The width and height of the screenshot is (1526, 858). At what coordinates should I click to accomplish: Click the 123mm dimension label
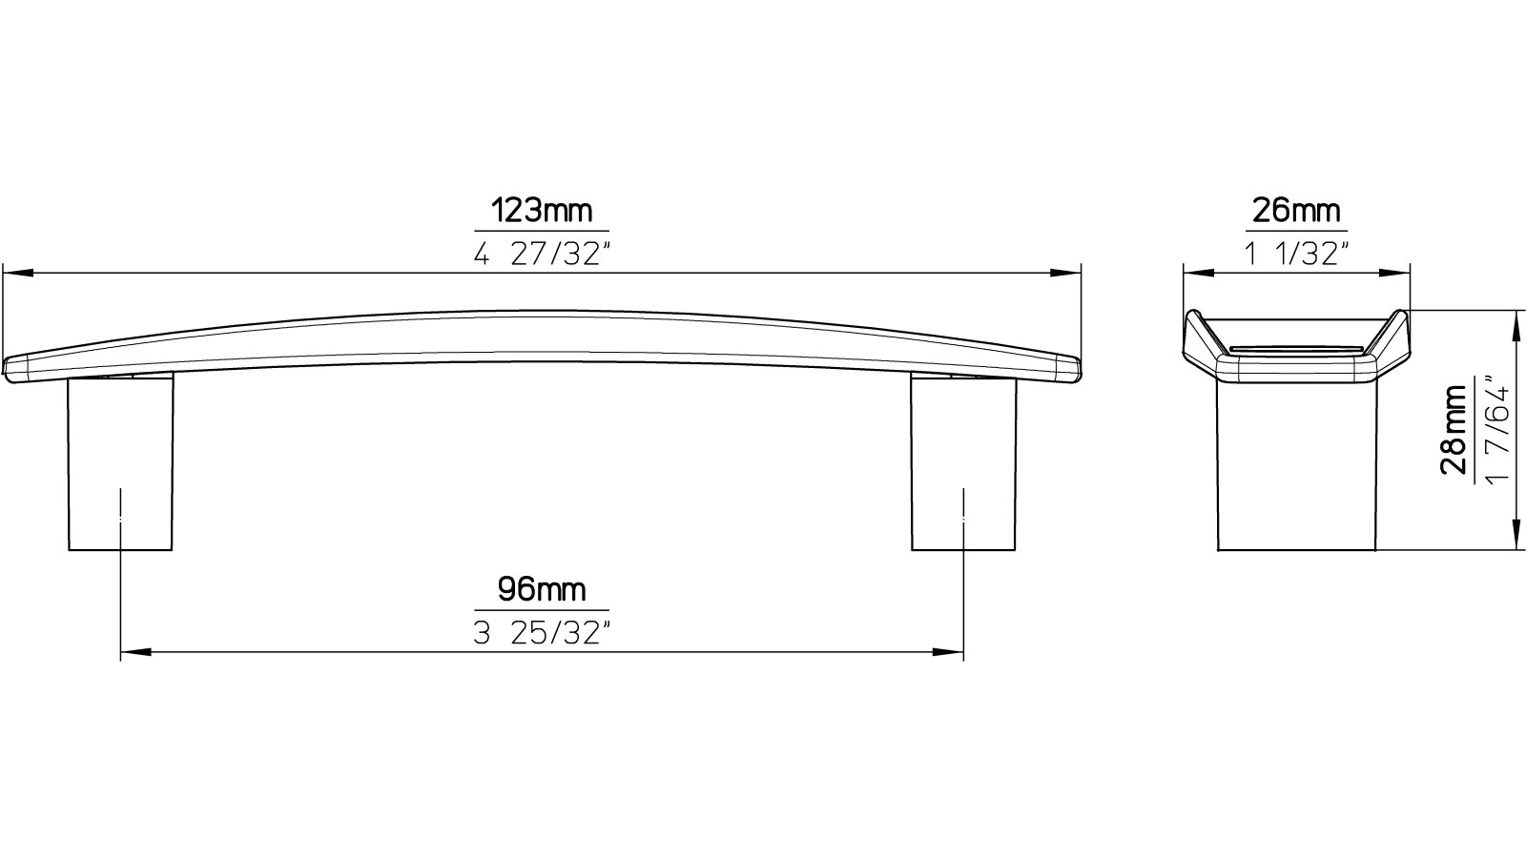pos(541,210)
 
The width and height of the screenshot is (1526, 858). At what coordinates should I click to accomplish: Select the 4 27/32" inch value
pos(541,255)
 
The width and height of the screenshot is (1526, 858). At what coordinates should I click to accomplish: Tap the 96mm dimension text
pos(541,589)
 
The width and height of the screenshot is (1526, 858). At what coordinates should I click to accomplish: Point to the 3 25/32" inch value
pos(541,634)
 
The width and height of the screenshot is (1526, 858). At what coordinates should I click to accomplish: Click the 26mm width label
pos(1296,210)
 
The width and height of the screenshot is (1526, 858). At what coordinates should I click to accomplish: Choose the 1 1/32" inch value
pos(1296,255)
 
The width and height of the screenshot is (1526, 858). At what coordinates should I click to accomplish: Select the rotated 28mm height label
pos(1454,430)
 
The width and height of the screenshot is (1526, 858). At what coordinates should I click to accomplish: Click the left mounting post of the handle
pos(120,462)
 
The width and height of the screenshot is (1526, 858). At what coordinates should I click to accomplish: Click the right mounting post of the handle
pos(963,462)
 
